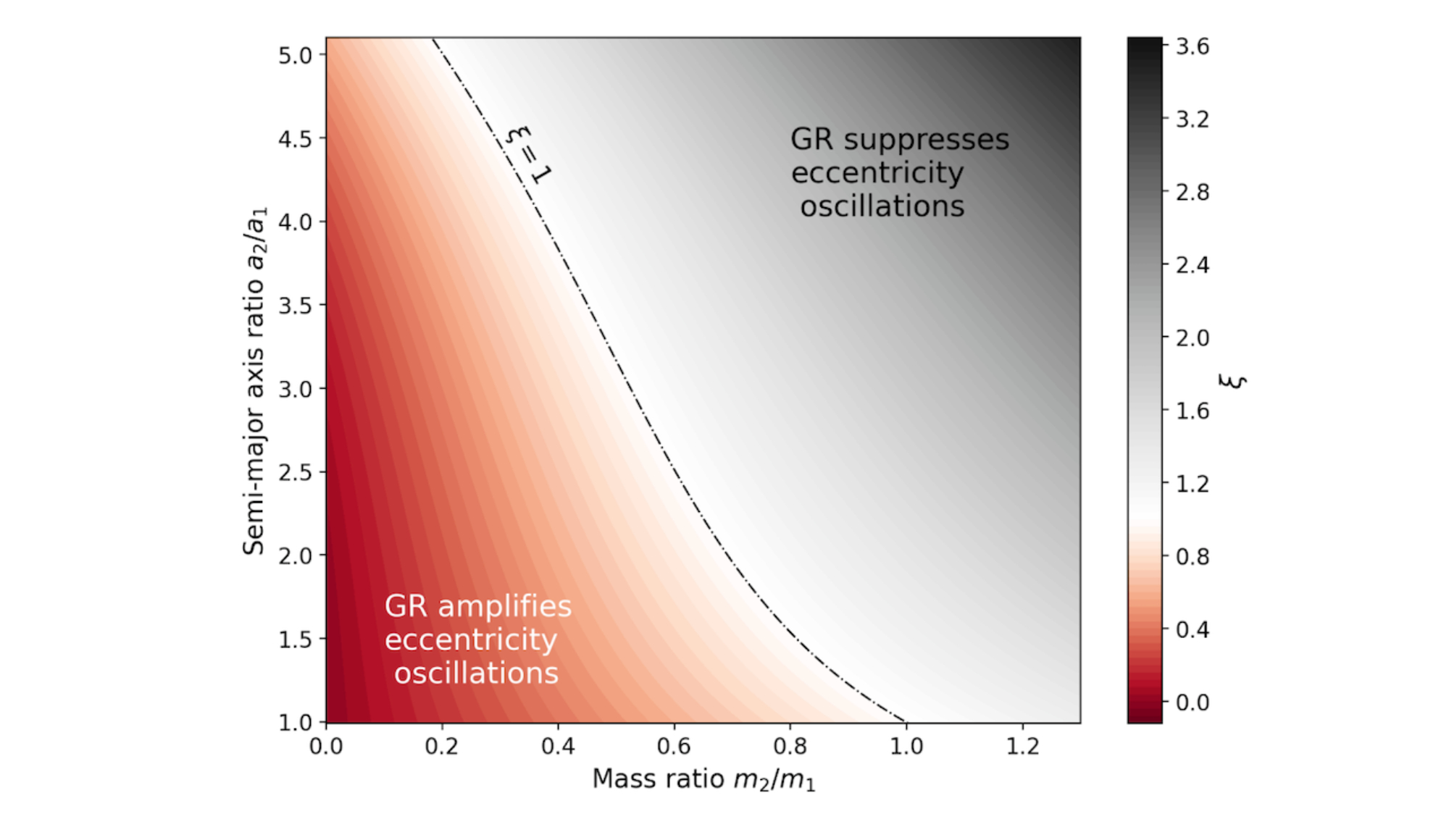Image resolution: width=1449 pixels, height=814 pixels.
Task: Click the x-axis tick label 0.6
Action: point(673,746)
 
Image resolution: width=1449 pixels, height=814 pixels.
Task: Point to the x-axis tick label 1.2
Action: point(1022,746)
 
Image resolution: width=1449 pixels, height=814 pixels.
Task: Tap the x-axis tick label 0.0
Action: point(325,746)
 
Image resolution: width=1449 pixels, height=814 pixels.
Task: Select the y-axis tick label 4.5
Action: point(295,139)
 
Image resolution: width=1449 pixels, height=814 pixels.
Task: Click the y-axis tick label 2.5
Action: point(295,473)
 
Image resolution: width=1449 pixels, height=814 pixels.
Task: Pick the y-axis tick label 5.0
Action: point(295,56)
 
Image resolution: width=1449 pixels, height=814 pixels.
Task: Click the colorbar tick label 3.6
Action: point(1193,47)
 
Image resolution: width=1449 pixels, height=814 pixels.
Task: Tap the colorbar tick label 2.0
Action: point(1193,338)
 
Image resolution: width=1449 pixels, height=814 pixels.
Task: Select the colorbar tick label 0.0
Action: point(1193,702)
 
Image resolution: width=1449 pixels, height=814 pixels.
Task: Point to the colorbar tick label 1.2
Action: point(1193,484)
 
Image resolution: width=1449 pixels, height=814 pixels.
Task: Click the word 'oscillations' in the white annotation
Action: point(476,674)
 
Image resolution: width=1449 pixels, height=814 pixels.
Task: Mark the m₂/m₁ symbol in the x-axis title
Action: point(774,780)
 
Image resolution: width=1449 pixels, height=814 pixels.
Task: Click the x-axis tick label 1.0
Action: point(906,746)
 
